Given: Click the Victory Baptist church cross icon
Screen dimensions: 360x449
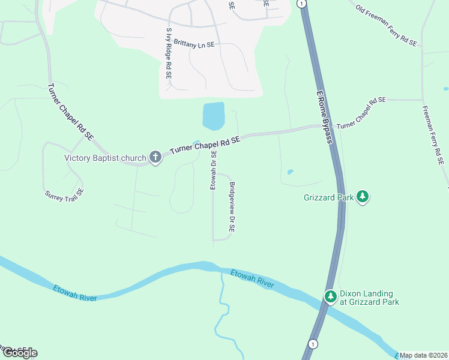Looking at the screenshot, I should [x=155, y=158].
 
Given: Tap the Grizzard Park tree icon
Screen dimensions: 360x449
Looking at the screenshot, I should [x=362, y=196].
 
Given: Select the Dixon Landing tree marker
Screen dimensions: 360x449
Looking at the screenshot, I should [x=330, y=296].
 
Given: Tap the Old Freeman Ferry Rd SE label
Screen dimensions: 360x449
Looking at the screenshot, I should [x=386, y=26].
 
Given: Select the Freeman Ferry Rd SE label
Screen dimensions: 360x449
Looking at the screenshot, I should [x=432, y=136].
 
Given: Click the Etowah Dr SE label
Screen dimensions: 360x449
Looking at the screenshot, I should [x=213, y=170].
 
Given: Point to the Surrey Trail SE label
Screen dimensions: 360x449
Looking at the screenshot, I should [x=64, y=194].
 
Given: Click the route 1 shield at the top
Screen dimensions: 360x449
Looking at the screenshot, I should [x=303, y=4].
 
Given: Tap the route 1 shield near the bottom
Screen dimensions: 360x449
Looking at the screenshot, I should [x=312, y=343].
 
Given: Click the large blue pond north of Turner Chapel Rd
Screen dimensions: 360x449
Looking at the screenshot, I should [x=214, y=115].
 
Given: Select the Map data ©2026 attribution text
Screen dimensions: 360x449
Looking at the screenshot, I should [x=423, y=355].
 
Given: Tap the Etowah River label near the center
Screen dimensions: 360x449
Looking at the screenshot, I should [x=253, y=279].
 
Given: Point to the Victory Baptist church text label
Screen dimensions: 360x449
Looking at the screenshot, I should [x=105, y=158].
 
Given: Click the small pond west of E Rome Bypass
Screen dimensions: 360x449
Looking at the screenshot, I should [x=291, y=172].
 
